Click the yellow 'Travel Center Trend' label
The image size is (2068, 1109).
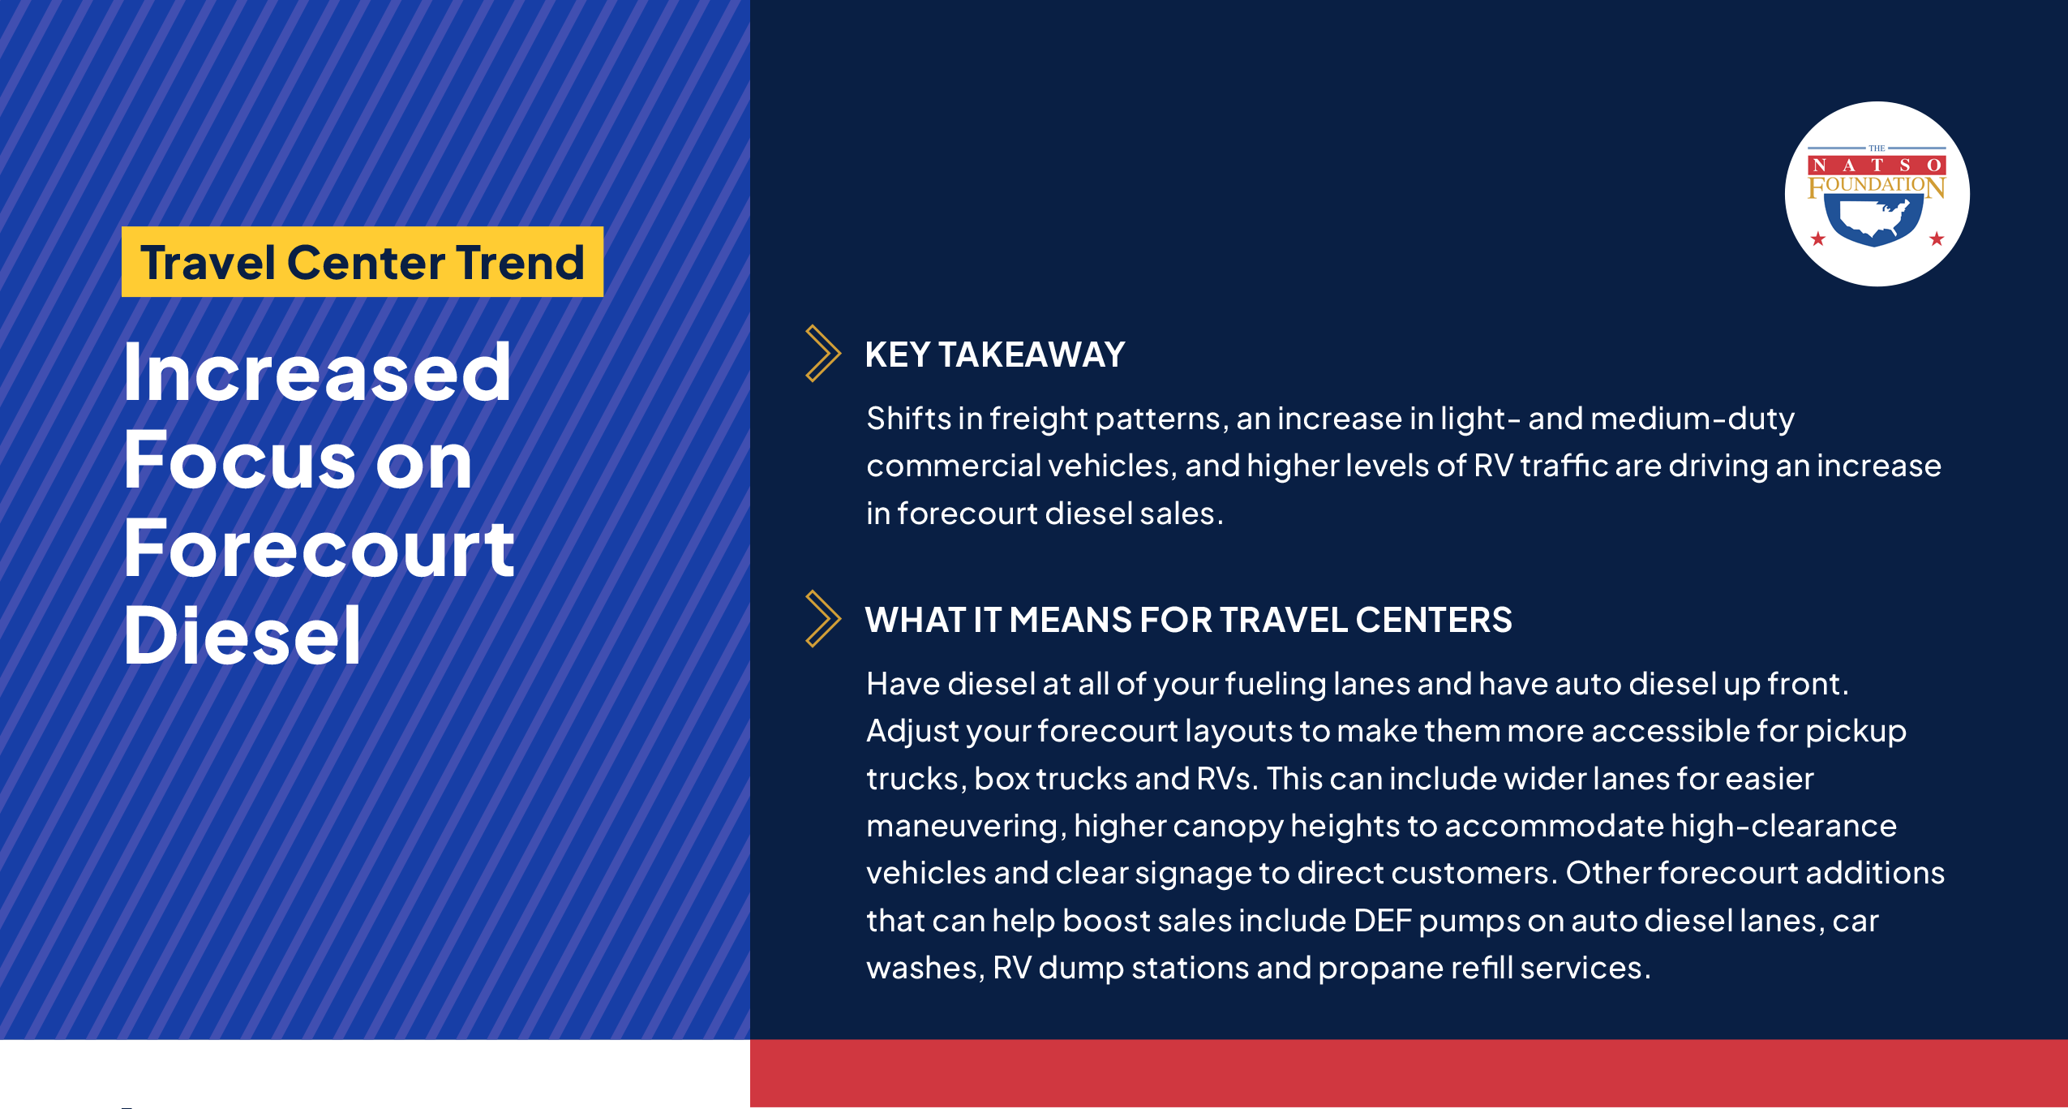click(x=362, y=262)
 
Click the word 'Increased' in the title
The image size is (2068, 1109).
click(x=317, y=372)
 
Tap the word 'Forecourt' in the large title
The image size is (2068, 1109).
click(x=319, y=549)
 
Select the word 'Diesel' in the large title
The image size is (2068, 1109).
click(x=242, y=635)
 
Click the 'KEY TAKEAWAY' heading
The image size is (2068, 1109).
click(x=995, y=355)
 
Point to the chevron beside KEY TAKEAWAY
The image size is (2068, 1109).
click(x=822, y=353)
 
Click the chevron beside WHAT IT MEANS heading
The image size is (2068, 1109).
click(x=822, y=619)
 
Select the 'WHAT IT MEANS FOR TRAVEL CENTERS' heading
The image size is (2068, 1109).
click(x=1188, y=620)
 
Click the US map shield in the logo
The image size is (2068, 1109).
click(x=1874, y=220)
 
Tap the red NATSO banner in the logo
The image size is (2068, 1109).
click(x=1877, y=165)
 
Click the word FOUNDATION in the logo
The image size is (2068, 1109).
click(x=1877, y=186)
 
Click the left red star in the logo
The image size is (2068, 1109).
click(x=1818, y=239)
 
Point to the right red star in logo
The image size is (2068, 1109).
click(x=1937, y=239)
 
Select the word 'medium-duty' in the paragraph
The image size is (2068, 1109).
click(x=1693, y=419)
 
